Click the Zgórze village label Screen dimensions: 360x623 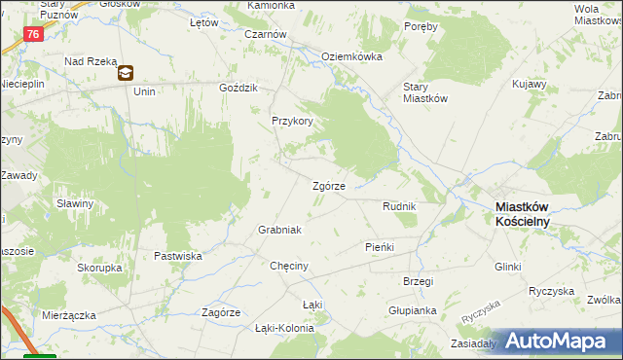pos(328,186)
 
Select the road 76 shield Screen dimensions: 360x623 pos(34,34)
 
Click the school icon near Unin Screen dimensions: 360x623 pos(127,72)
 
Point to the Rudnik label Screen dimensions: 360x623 pos(399,206)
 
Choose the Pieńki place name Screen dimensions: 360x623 pos(379,247)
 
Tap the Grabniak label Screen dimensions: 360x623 pos(279,230)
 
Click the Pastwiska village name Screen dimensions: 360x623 pos(177,256)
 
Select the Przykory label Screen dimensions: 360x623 pos(291,122)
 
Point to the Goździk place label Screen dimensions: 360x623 pos(238,88)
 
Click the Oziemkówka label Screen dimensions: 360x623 pos(351,56)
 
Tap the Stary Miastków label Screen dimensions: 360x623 pos(424,91)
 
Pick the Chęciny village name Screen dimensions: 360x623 pos(289,266)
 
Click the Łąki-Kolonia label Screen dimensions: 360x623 pos(284,328)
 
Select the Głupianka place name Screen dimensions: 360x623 pos(412,310)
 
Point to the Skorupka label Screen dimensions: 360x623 pos(99,267)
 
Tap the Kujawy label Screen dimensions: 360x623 pos(530,86)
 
